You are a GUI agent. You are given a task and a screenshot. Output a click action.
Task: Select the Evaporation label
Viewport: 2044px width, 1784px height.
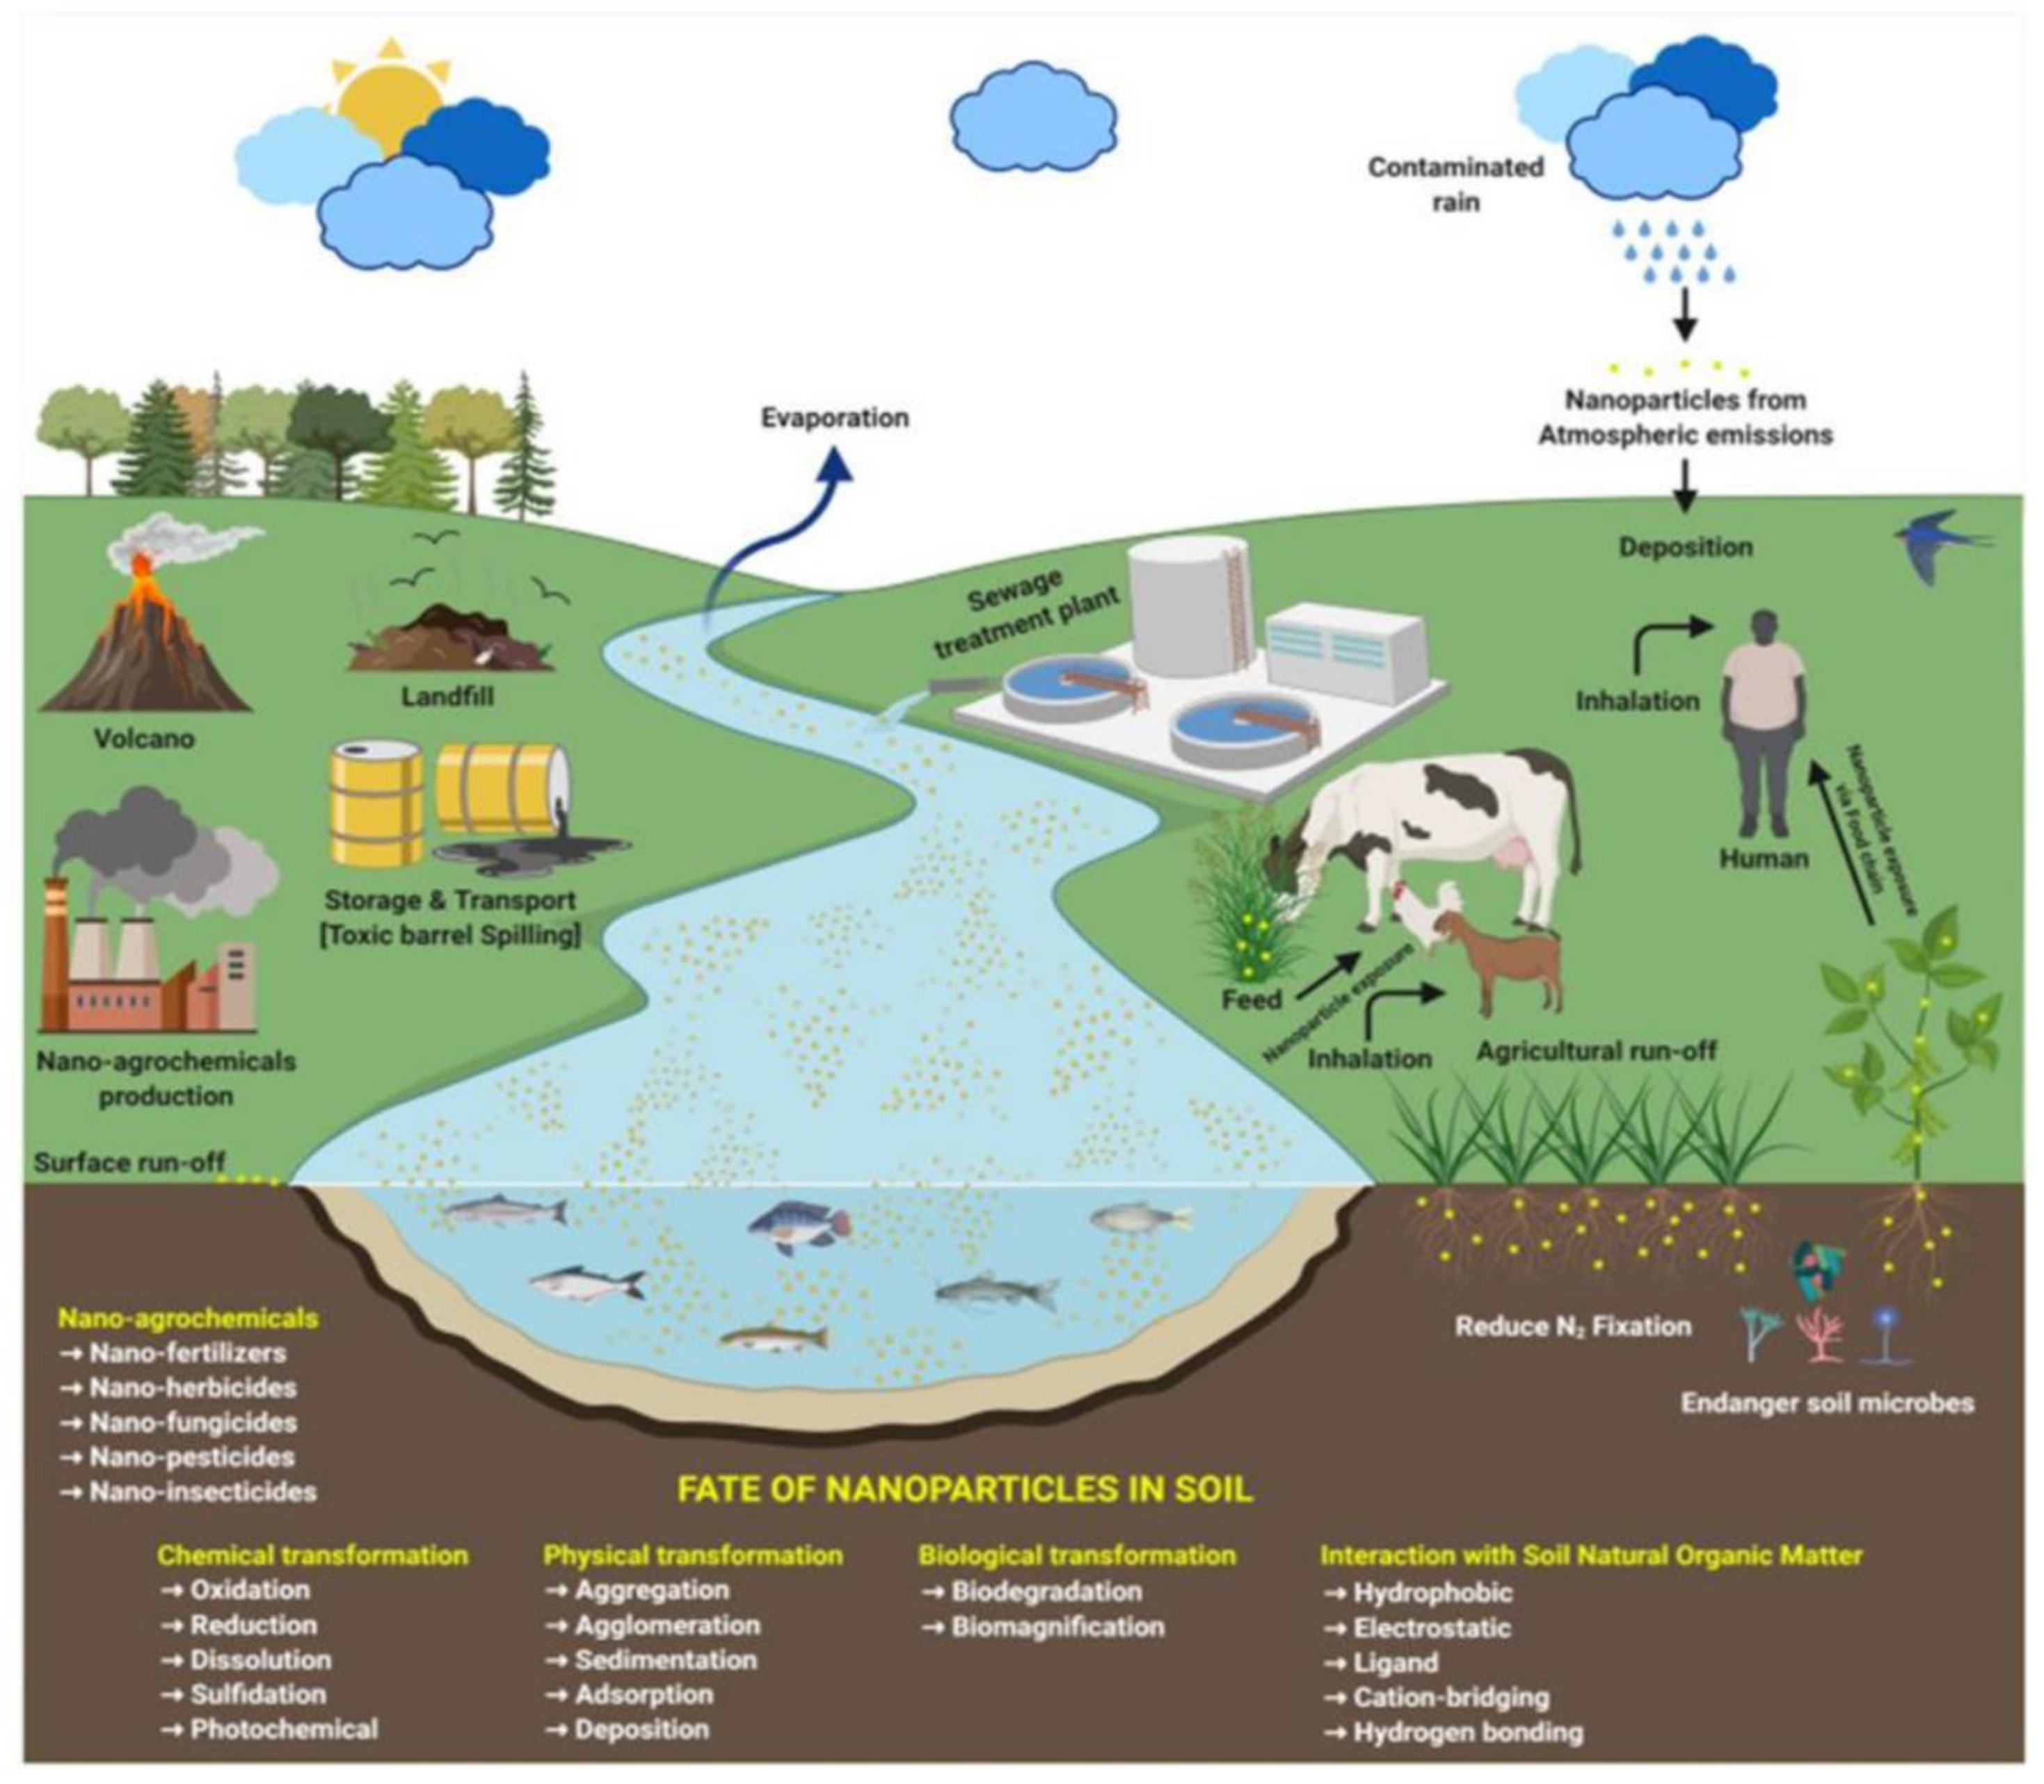(834, 418)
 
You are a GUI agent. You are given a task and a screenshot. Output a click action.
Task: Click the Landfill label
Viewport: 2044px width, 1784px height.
(447, 697)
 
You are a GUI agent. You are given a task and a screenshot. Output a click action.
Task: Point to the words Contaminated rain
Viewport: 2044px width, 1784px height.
(1455, 184)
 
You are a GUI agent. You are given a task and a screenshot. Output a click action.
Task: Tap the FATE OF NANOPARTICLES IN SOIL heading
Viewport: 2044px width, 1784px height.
(964, 1488)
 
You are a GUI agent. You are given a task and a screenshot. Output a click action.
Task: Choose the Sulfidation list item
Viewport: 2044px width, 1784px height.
(257, 1694)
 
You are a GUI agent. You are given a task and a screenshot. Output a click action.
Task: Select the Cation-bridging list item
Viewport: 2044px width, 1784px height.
(1450, 1696)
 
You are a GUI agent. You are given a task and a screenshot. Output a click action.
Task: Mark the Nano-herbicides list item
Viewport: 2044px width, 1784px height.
(192, 1387)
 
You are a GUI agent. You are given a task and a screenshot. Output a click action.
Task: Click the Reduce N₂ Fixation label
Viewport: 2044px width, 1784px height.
(1572, 1326)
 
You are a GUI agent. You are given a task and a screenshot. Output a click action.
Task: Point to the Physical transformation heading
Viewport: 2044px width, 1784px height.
(693, 1555)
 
